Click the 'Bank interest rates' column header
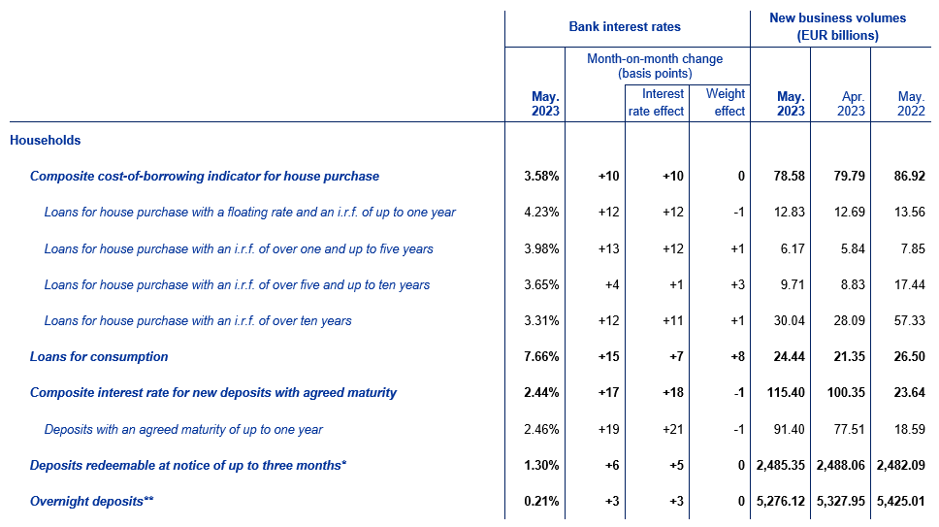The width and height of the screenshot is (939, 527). (625, 27)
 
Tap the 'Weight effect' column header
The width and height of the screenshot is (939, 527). (726, 103)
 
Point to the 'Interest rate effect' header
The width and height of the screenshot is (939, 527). (656, 103)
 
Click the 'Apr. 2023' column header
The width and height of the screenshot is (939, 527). (851, 104)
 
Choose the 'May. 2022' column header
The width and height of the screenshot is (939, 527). (911, 104)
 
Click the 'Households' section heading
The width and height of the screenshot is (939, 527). (45, 140)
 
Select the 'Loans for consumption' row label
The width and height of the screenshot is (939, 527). (99, 357)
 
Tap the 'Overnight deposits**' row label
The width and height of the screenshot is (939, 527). (91, 501)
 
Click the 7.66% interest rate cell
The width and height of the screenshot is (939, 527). (541, 357)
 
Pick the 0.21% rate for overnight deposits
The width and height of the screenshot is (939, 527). (541, 501)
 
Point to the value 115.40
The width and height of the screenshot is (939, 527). (786, 393)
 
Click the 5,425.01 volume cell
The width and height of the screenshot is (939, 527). (900, 501)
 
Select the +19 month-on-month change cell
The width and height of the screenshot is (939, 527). (608, 429)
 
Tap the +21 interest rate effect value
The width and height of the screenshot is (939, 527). (673, 429)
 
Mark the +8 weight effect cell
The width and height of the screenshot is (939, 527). (737, 357)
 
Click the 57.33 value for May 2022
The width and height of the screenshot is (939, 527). (909, 321)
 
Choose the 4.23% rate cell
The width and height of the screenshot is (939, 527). (541, 212)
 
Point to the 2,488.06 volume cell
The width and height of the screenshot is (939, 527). (841, 465)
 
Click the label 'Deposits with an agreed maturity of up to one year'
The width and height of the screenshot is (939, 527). (183, 429)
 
